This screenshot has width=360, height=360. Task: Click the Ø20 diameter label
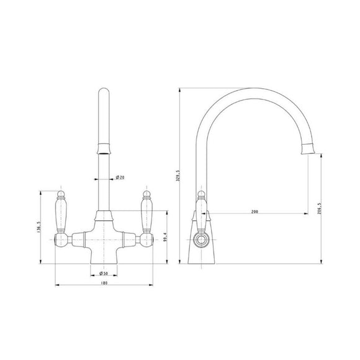[x=120, y=178]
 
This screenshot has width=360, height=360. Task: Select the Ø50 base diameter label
[x=104, y=273]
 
